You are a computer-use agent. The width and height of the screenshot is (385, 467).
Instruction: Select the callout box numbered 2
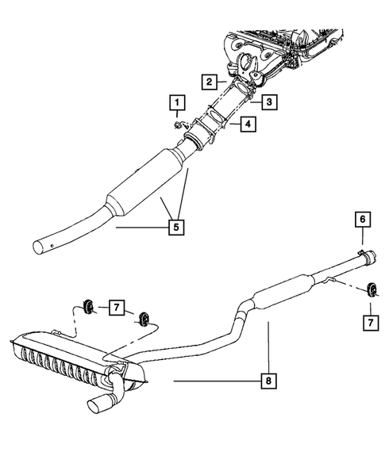tap(208, 81)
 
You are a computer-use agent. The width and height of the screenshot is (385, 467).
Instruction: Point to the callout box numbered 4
tap(248, 124)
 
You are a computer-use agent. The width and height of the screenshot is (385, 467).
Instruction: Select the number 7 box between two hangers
tap(117, 308)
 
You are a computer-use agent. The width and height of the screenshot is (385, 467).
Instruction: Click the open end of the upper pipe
tap(41, 247)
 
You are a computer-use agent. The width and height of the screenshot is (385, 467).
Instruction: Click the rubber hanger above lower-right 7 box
tap(371, 289)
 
